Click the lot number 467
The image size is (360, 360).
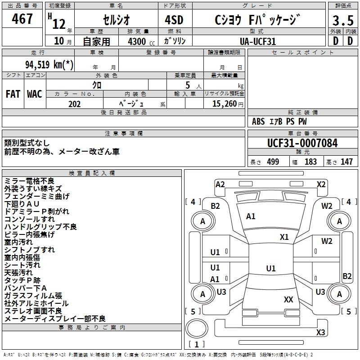point(23,19)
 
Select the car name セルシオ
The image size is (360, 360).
point(116,20)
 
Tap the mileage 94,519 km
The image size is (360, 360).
point(49,64)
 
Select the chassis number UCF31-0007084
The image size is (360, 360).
point(302,143)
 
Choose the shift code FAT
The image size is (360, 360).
point(13,94)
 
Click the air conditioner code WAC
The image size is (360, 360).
point(35,94)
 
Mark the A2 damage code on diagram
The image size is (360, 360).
point(220,184)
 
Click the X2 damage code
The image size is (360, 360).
point(321,184)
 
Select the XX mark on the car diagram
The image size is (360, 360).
point(288,299)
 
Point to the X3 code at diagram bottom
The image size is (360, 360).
point(320,333)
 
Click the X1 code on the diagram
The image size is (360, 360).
point(284,237)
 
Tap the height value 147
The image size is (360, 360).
point(346,162)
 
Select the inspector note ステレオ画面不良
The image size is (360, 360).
point(33,311)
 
